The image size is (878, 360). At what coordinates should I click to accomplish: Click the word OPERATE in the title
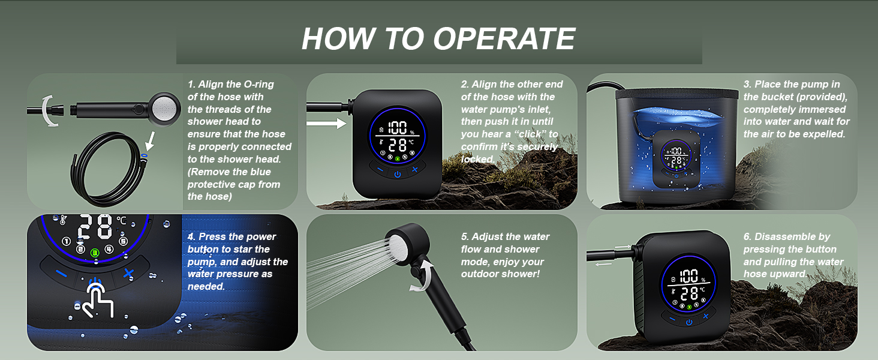coord(504,39)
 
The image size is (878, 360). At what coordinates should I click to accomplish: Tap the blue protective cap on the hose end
coord(144,156)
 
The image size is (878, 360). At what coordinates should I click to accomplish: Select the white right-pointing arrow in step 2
coord(326,124)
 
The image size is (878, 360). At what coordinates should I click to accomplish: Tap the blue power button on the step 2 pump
coord(398,174)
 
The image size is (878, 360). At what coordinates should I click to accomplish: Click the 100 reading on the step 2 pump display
coord(398,127)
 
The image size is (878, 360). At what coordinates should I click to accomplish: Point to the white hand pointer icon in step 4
coord(96,300)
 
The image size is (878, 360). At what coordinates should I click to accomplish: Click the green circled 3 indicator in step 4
coord(95,253)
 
